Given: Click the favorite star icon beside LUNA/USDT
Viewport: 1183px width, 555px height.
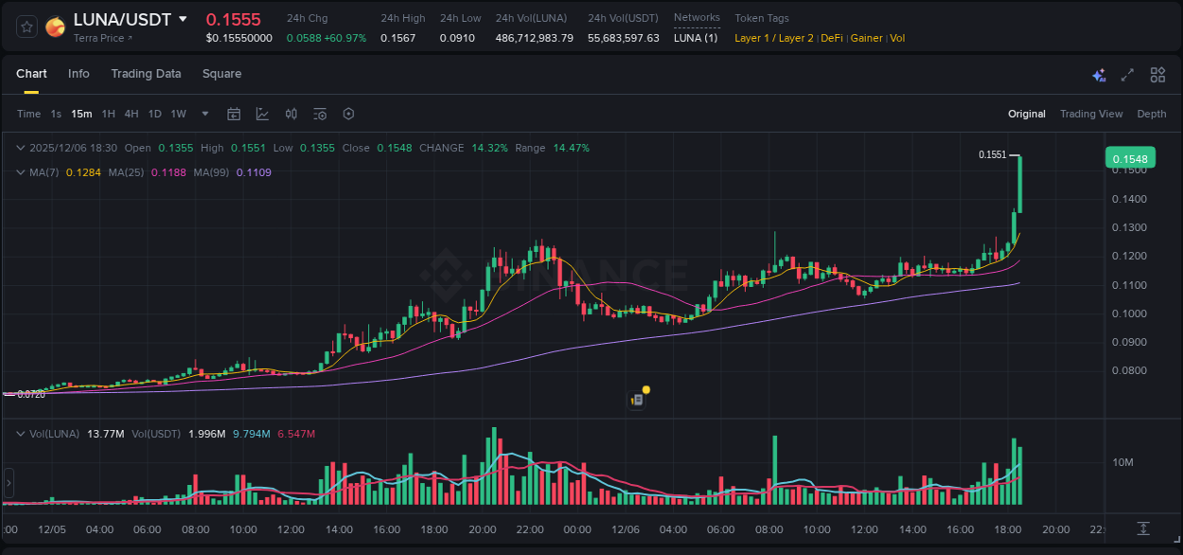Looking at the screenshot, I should (26, 27).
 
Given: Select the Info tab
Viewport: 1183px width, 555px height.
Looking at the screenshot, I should (79, 74).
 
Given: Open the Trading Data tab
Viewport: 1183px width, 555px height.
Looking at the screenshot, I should (146, 74).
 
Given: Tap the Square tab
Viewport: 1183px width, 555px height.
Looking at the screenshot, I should (221, 74).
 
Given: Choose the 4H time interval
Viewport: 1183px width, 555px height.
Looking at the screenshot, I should (132, 114).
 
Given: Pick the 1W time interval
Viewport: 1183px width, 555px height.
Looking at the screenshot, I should (178, 114).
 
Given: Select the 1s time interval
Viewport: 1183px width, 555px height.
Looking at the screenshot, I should (56, 114).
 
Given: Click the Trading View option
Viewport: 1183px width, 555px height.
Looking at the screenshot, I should (1091, 114).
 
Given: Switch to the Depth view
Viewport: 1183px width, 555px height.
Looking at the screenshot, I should (1152, 114).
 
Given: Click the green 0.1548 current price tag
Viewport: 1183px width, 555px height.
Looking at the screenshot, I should (1130, 159).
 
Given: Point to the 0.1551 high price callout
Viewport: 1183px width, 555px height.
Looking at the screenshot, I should (992, 154).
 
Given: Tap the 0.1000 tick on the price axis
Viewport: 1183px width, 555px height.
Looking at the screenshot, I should (1129, 313).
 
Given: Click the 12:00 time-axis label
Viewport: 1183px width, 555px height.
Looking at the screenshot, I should (291, 529).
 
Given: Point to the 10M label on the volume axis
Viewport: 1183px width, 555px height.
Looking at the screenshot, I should (1123, 462).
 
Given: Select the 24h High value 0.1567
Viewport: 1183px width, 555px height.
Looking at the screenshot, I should (397, 38).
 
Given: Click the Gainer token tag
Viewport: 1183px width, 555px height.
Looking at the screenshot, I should (866, 38).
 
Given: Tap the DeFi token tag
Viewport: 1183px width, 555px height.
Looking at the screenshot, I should (832, 38).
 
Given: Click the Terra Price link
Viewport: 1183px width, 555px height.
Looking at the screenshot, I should (102, 38).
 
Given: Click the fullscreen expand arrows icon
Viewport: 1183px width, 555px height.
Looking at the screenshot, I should (1127, 75).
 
